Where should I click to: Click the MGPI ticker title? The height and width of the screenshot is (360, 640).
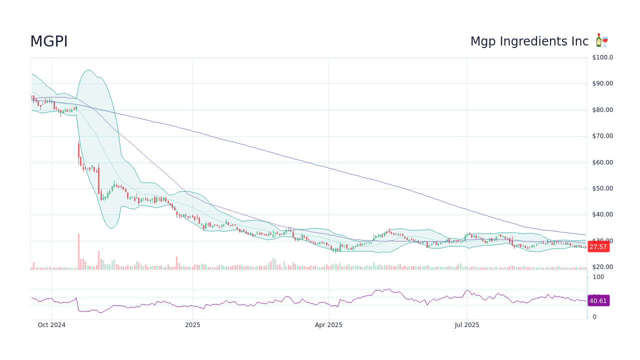coord(49,42)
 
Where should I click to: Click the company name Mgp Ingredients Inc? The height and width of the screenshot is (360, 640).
coord(529,41)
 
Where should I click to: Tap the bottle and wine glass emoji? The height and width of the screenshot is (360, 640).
coord(601,41)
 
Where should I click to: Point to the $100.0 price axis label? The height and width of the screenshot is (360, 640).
coord(602,57)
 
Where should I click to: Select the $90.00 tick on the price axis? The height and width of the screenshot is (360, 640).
coord(602,83)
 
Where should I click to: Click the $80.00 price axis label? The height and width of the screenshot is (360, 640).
coord(602,110)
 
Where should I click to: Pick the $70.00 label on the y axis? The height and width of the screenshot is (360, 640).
coord(602,136)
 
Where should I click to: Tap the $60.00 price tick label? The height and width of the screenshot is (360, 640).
coord(602,162)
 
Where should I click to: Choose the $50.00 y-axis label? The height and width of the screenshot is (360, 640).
coord(602,188)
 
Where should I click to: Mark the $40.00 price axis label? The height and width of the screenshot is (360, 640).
coord(602,214)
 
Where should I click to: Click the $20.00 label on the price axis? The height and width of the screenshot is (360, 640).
coord(602,267)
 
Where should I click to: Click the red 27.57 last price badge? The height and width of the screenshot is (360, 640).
coord(598,246)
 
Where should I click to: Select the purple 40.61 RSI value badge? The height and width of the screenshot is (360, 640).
coord(598,300)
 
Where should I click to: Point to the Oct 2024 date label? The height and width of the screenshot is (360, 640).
coord(51,325)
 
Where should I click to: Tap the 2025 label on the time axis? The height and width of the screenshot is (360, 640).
coord(192,325)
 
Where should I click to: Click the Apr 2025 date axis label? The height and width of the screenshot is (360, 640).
coord(328,325)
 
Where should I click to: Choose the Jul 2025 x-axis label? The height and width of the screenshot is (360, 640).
coord(467,325)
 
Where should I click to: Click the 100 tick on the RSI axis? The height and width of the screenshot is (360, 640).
coord(598,277)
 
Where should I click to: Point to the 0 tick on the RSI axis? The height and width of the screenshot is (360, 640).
coord(594,317)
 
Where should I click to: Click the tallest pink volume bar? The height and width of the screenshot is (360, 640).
coord(78,251)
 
